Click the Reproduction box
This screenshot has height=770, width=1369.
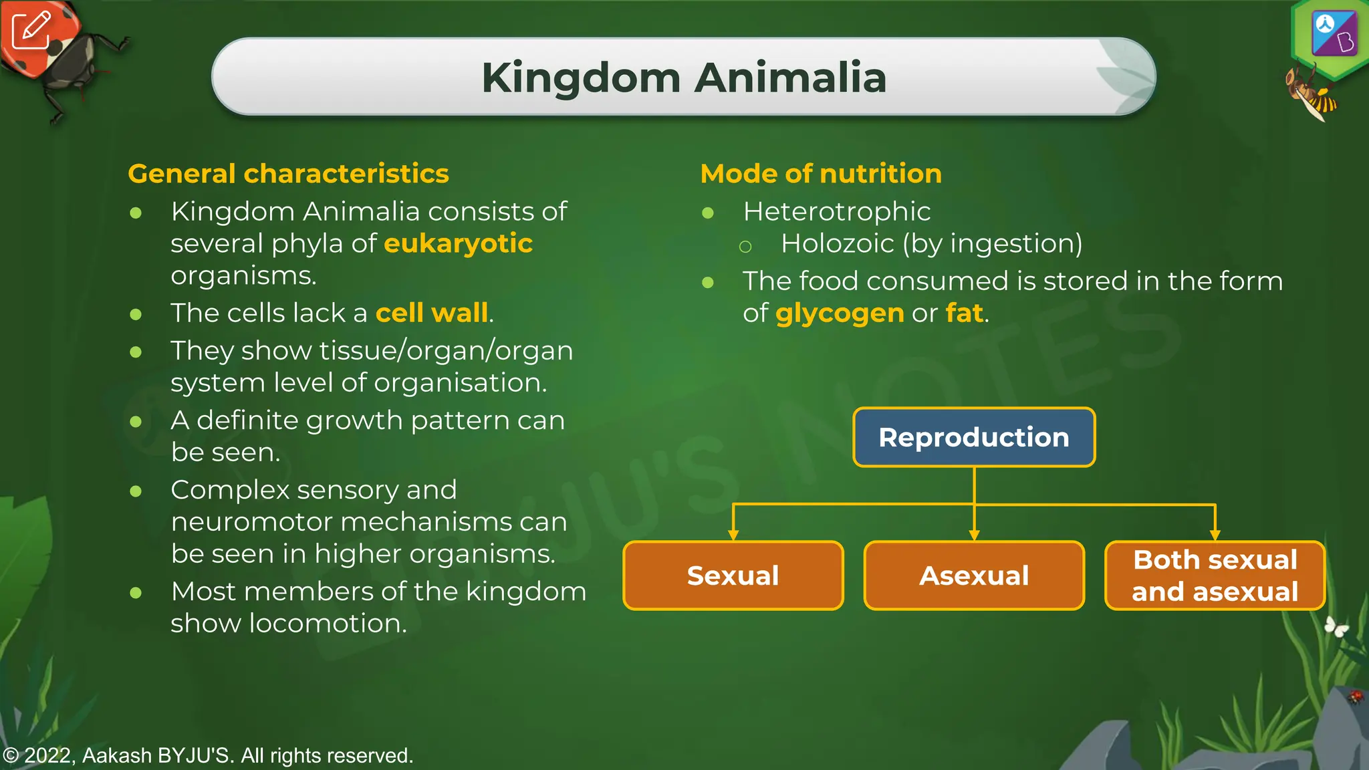[x=974, y=437]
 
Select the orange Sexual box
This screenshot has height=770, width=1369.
[x=733, y=575]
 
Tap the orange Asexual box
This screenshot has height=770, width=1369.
[x=974, y=575]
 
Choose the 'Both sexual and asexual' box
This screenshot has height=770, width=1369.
[x=1215, y=575]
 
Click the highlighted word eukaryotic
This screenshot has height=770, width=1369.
[x=458, y=243]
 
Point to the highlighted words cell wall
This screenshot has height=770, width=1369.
[x=432, y=313]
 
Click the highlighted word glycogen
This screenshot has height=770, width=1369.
[x=840, y=313]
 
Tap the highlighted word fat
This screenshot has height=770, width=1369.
[x=964, y=313]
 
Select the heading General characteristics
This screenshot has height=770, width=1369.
[x=288, y=174]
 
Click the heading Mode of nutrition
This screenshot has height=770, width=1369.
[x=821, y=174]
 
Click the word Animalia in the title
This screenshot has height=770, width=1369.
[x=790, y=78]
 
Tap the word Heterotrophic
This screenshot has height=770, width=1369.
[x=837, y=211]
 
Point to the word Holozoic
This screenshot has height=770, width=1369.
[x=837, y=243]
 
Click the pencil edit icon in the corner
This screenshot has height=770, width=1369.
[x=31, y=30]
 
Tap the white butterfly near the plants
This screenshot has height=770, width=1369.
[x=1336, y=627]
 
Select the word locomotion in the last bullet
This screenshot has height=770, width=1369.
[x=328, y=624]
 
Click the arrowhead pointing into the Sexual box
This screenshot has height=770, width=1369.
[x=733, y=535]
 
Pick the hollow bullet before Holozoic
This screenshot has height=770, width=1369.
[x=745, y=247]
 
